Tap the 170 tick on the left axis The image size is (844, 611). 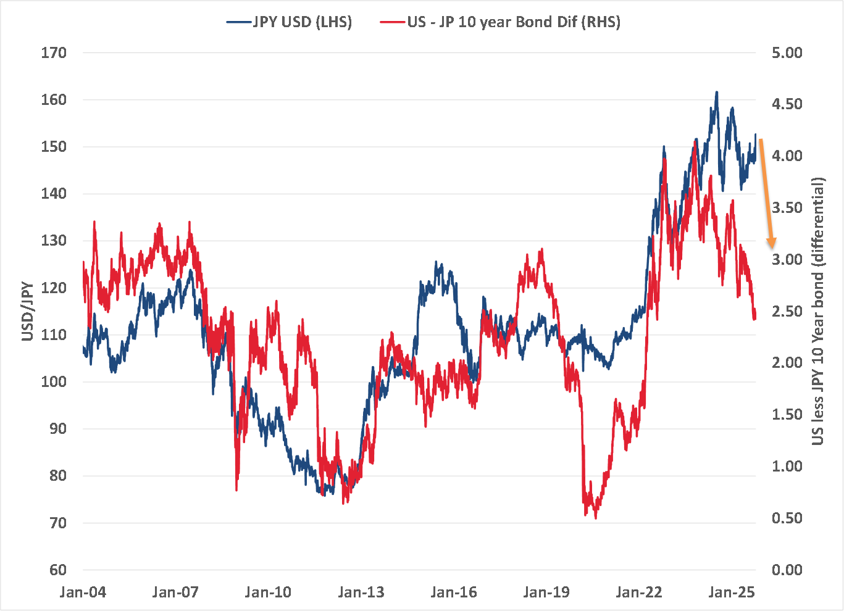(x=54, y=53)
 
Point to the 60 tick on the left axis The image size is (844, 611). (x=54, y=570)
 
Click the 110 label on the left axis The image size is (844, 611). (x=54, y=335)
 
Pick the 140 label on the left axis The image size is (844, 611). (x=54, y=194)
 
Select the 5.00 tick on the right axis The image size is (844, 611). (x=787, y=53)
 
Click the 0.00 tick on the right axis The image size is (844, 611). (x=787, y=570)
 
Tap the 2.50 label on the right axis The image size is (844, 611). (x=787, y=312)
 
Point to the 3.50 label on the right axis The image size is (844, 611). (x=787, y=208)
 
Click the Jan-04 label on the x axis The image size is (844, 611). (x=83, y=592)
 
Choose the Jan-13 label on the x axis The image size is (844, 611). (x=361, y=592)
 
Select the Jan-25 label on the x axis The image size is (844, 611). (x=732, y=592)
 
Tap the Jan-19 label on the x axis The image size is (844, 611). (x=546, y=592)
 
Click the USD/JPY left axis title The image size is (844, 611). (x=28, y=312)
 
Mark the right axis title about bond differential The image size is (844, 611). (x=818, y=312)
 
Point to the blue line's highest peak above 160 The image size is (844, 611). (x=716, y=92)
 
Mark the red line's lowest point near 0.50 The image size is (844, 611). (x=596, y=518)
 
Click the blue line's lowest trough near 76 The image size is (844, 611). (x=324, y=494)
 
